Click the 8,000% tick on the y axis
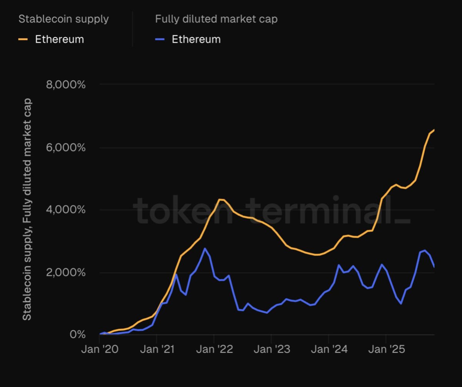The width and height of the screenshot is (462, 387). (x=65, y=84)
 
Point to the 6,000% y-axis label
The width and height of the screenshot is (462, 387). (x=65, y=147)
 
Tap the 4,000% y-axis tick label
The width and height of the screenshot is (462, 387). (x=65, y=210)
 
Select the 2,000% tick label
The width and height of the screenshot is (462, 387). (x=65, y=273)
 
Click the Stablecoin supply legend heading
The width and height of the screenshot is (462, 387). (x=64, y=19)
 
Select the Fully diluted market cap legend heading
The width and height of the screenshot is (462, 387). (x=216, y=19)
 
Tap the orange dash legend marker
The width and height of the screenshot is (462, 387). (x=23, y=39)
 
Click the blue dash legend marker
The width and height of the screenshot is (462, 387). (x=160, y=39)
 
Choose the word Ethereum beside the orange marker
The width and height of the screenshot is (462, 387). (x=59, y=39)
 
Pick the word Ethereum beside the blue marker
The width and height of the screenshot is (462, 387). (x=196, y=39)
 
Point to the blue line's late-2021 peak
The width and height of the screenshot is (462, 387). (x=205, y=248)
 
